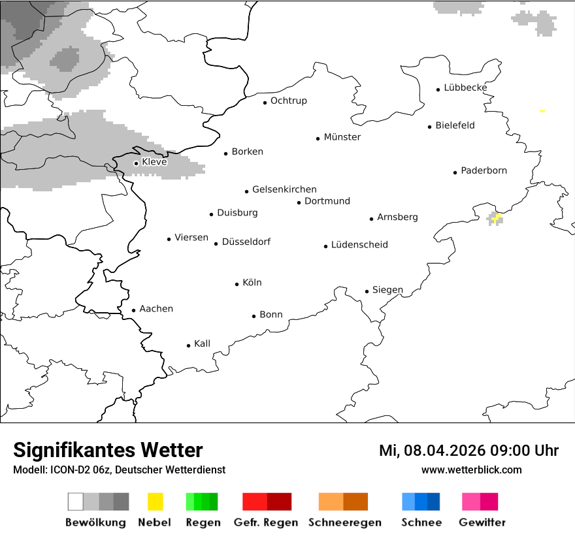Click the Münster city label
pos(342,137)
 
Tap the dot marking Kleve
pos(136,163)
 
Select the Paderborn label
pos(484,170)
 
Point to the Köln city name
pos(252,283)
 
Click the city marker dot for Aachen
pos(133,311)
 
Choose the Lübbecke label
pos(465,88)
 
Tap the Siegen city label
pos(387,290)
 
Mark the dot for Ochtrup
pos(265,103)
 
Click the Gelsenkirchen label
pos(284,189)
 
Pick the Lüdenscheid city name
pos(359,245)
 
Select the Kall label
pos(202,343)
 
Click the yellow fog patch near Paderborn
pos(497,217)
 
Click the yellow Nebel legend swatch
pos(156,502)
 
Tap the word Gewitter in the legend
pos(482,522)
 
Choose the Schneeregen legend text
pos(345,522)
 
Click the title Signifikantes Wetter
pos(108,450)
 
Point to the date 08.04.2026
pos(444,451)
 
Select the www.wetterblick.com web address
pos(471,470)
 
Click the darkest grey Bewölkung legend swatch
pos(122,502)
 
